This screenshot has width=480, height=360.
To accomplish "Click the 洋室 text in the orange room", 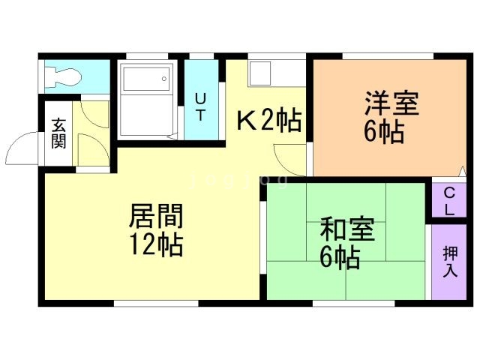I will [391, 103].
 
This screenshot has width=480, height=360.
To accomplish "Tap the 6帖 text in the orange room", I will [385, 132].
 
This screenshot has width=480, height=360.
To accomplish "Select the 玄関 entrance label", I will [58, 133].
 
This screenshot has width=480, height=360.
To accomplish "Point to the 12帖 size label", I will [156, 244].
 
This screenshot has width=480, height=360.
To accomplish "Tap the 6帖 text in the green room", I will [340, 257].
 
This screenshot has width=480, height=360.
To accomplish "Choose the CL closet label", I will [448, 200].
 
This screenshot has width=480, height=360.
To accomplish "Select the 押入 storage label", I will [449, 260].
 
